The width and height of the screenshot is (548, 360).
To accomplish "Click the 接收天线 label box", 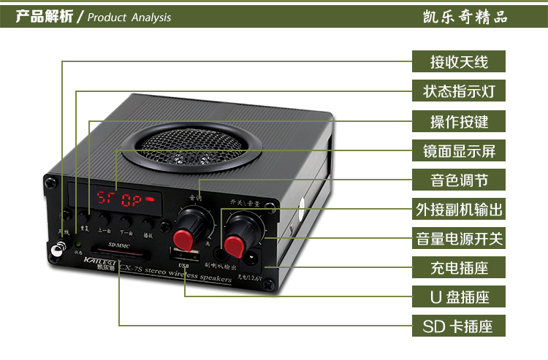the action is tap(459, 61).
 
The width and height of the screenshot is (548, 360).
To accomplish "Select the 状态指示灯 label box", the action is tap(459, 91).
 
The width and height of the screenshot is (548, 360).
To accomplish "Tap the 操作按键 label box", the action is tap(459, 121).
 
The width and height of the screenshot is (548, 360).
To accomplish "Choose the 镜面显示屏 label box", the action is tap(459, 151).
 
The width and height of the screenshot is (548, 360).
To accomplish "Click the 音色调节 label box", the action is tap(459, 179).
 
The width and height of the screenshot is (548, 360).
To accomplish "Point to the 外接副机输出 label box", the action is tap(459, 210).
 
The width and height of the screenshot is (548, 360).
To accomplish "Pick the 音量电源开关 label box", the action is tap(459, 238).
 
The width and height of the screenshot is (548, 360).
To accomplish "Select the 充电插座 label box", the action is tap(459, 267).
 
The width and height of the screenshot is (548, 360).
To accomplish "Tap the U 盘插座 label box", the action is tap(459, 297).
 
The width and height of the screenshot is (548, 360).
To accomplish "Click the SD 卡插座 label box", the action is tap(459, 326).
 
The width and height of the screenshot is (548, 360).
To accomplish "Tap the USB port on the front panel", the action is tap(182, 255).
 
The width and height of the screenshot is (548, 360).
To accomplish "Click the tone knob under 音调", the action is tap(191, 223).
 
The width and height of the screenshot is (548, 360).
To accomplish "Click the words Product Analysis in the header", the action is tap(129, 17).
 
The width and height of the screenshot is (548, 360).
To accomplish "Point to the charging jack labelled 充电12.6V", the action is tap(255, 258).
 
